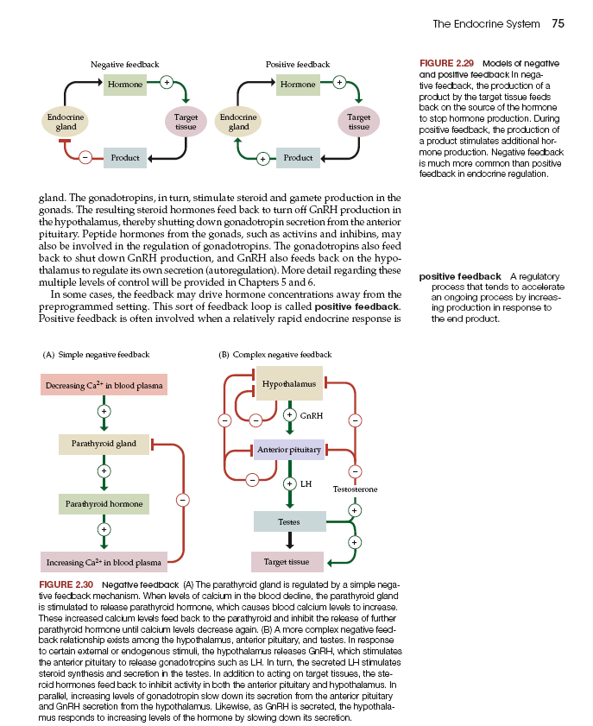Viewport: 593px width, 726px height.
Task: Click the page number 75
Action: [x=558, y=23]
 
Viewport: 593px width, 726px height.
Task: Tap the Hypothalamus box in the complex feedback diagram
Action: [x=289, y=383]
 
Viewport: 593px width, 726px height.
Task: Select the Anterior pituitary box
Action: [x=289, y=450]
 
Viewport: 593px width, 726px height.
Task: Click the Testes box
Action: [x=289, y=521]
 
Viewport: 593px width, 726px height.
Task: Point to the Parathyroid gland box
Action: [x=103, y=444]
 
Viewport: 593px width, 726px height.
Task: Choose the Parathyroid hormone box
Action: [x=103, y=502]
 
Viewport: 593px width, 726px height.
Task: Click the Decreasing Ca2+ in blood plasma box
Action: [x=104, y=385]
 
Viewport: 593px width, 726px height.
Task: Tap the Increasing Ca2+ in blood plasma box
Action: [x=104, y=563]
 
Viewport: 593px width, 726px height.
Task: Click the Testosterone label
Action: [x=355, y=489]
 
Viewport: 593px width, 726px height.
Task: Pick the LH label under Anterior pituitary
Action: [x=306, y=483]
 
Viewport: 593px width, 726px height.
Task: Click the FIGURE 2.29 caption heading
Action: [x=448, y=64]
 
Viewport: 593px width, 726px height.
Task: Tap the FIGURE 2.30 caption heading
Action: [x=71, y=585]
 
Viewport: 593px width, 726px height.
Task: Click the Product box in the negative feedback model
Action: [x=125, y=158]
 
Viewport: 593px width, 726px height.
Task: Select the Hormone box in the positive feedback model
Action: [x=298, y=85]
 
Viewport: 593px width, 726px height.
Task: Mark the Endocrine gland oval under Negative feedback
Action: [x=66, y=122]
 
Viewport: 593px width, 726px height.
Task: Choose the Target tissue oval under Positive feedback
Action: [x=358, y=122]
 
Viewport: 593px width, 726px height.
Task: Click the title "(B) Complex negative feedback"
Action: [x=274, y=355]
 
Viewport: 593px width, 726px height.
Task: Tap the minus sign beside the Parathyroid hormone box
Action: [x=183, y=499]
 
